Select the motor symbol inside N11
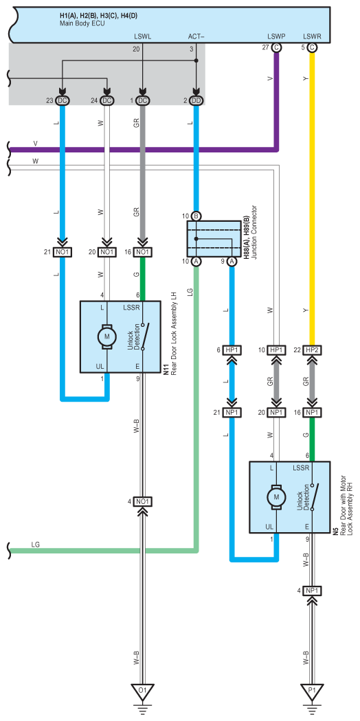(106, 336)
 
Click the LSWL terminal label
(142, 36)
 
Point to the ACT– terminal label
(196, 36)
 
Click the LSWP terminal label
(276, 36)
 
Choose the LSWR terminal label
(312, 36)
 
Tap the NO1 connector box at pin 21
(62, 251)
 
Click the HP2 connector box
(312, 350)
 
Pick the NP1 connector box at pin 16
(312, 412)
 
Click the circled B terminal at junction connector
(196, 216)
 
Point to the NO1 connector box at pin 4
(142, 501)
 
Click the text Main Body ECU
(82, 23)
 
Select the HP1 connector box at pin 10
(276, 350)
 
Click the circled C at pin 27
(276, 47)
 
